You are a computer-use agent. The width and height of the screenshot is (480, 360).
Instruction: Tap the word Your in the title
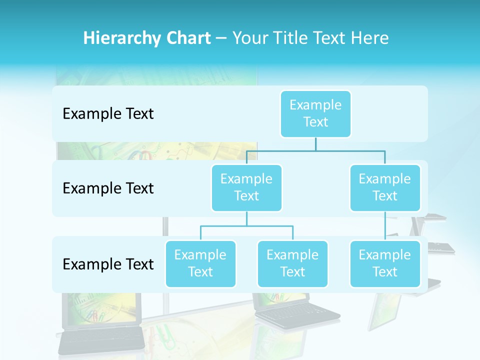click(x=250, y=38)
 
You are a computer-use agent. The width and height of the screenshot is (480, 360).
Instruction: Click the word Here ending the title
click(x=369, y=38)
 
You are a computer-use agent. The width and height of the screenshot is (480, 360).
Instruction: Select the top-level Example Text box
click(x=315, y=113)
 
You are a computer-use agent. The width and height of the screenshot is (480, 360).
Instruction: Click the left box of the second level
click(x=246, y=187)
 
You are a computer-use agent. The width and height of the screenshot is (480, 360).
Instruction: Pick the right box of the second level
click(x=385, y=187)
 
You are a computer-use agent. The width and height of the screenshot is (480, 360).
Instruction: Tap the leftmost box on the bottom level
click(x=200, y=263)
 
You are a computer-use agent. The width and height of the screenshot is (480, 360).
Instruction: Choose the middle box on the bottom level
click(x=292, y=263)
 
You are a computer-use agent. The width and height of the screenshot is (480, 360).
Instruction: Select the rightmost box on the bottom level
click(x=385, y=263)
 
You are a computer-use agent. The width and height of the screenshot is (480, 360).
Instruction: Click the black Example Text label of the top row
click(x=108, y=114)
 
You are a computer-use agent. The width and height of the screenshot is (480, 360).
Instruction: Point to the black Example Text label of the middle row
click(x=108, y=188)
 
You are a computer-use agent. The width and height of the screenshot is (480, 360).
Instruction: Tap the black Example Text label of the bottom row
click(x=108, y=264)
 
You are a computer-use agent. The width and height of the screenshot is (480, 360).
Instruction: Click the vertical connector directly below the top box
click(x=315, y=144)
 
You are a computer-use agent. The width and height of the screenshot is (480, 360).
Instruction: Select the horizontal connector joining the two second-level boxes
click(x=315, y=150)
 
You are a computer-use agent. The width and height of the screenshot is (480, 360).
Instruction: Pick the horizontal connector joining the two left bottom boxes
click(x=246, y=226)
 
